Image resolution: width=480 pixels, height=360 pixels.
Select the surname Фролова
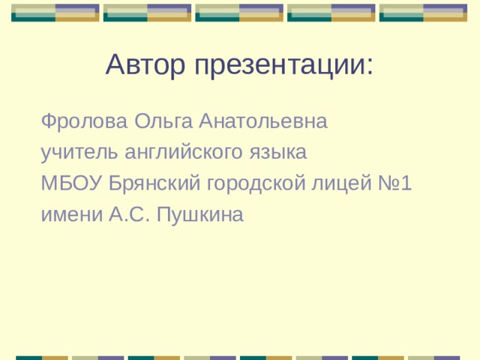click(85, 121)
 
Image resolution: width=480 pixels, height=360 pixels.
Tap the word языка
click(278, 153)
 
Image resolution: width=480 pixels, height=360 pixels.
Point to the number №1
click(395, 184)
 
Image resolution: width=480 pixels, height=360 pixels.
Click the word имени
click(72, 215)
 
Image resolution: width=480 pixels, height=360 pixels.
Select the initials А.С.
click(130, 215)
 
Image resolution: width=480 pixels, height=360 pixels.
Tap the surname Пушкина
click(201, 215)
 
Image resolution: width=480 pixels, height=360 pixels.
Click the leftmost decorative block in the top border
click(55, 12)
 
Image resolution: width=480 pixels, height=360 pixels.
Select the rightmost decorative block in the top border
click(423, 12)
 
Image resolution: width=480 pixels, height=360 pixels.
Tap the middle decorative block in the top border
click(239, 12)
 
